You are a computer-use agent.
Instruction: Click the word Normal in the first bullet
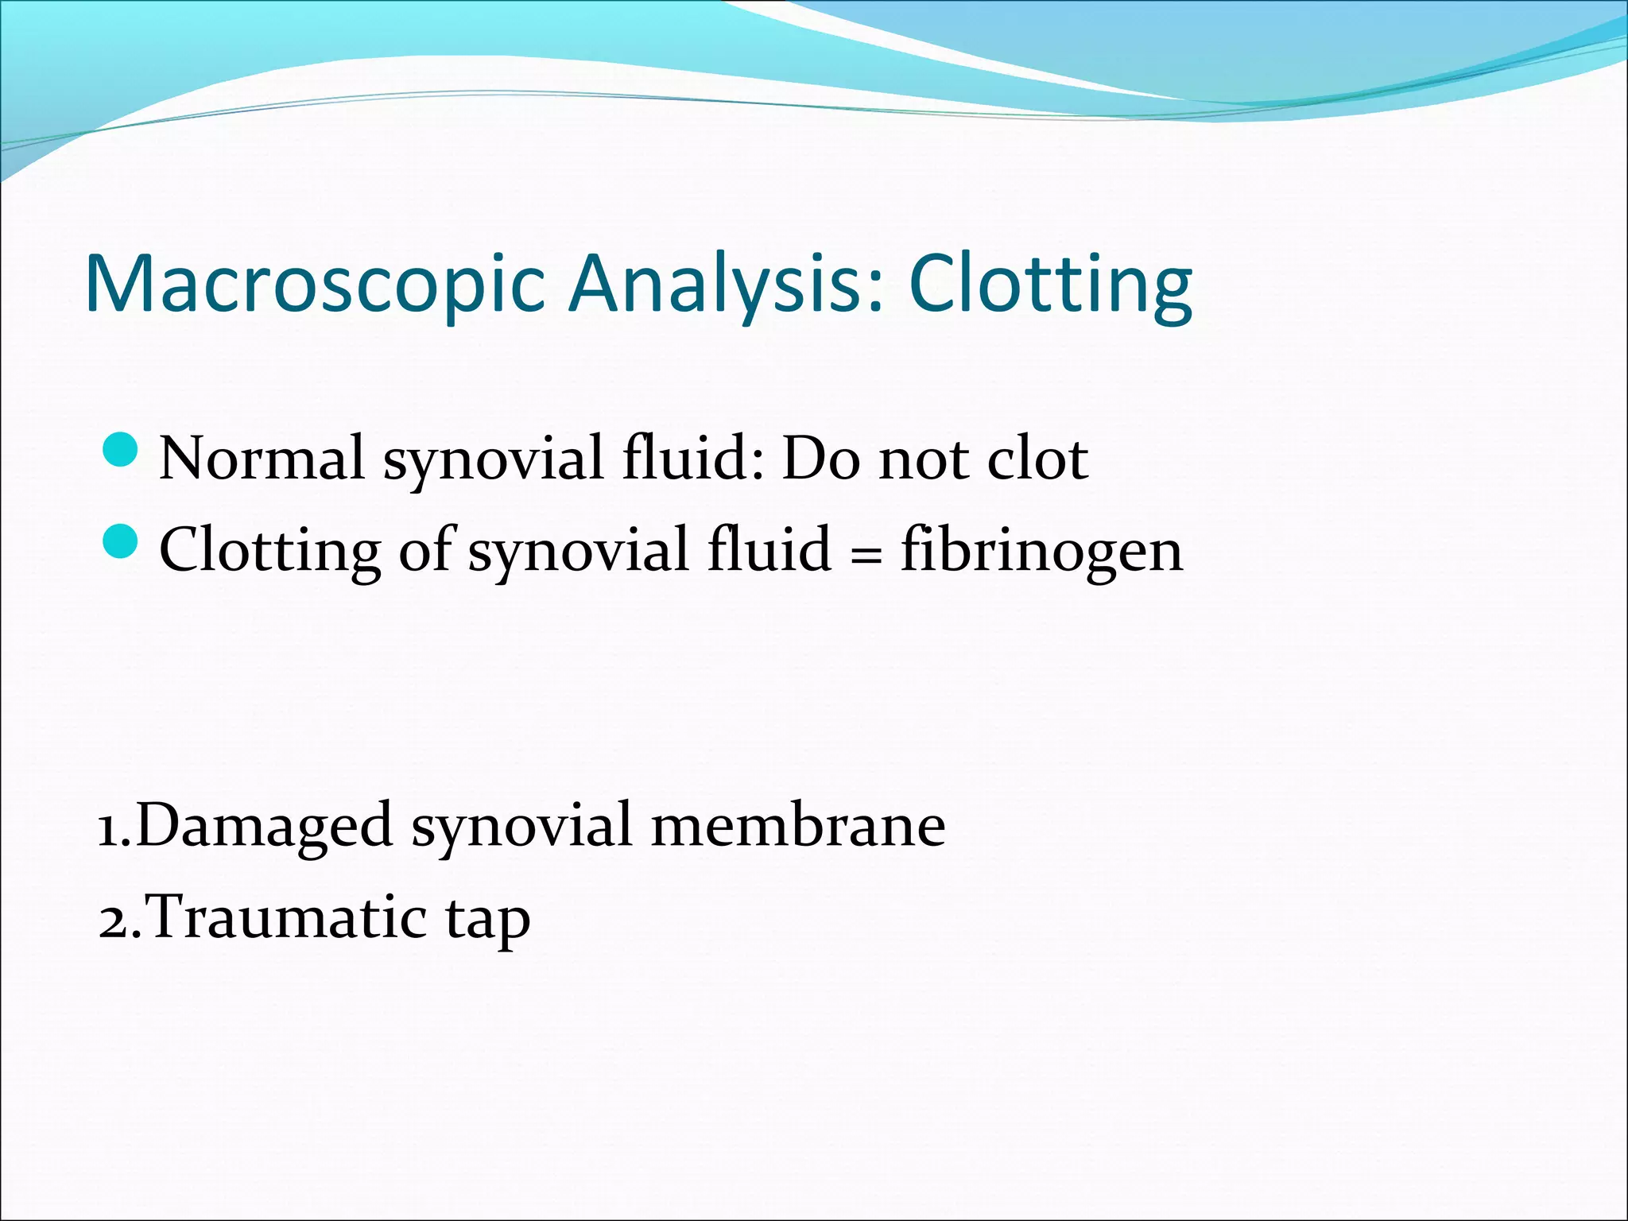262,459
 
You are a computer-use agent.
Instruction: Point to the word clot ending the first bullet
1037,459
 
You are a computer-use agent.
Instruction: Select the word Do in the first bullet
820,459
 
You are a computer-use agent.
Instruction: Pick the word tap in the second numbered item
487,921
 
